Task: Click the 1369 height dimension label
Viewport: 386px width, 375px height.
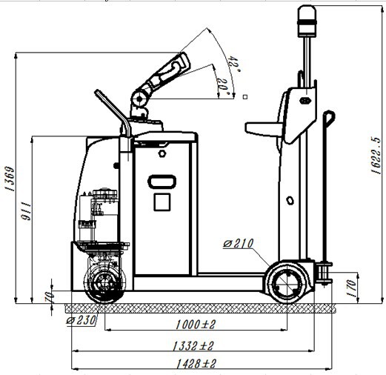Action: tap(10, 179)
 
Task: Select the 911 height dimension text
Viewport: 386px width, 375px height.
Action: tap(26, 211)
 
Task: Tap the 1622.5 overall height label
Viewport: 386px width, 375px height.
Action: tap(376, 156)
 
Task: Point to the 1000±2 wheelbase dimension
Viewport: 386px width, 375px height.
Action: tap(196, 325)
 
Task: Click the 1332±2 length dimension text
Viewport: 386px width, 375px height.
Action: tap(193, 346)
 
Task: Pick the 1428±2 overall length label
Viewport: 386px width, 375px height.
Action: tap(196, 364)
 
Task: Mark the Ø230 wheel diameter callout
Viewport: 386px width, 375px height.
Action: tap(81, 321)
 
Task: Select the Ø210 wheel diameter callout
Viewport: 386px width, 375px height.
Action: tap(239, 244)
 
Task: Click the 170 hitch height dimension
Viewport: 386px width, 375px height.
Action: tap(351, 288)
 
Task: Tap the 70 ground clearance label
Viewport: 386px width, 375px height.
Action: tap(49, 296)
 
